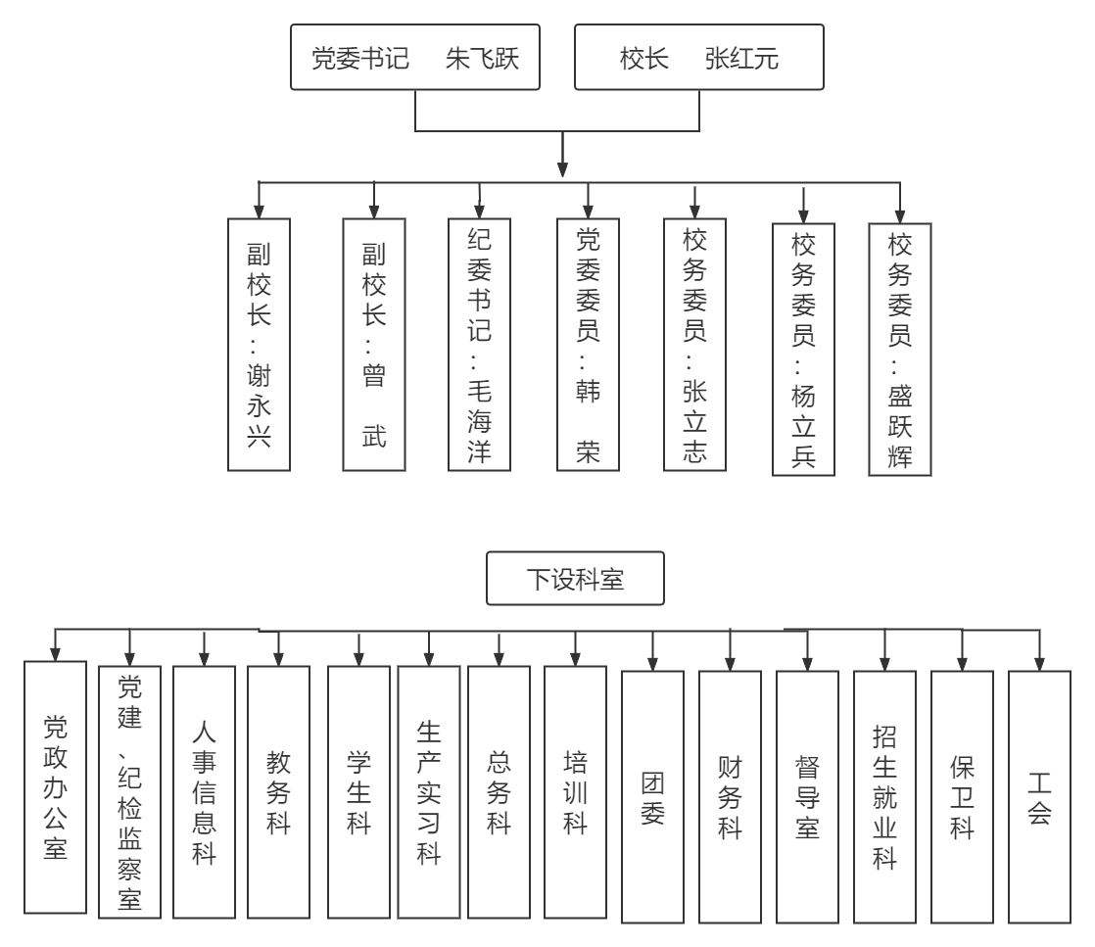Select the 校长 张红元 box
[x=698, y=58]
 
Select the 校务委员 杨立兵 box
[x=803, y=351]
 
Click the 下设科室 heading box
[x=575, y=580]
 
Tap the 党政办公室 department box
[x=56, y=787]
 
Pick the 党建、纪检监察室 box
[x=130, y=791]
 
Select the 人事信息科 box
[x=204, y=791]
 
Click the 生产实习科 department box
[x=428, y=791]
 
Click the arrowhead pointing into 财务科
[x=730, y=664]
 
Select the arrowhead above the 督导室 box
[x=807, y=664]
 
